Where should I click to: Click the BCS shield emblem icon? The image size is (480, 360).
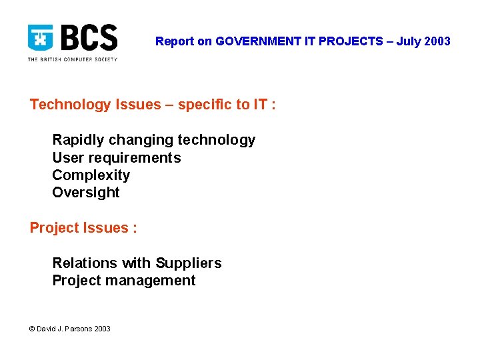pos(41,38)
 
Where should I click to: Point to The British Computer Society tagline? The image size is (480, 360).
pos(72,59)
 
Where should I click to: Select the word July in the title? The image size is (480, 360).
pos(409,41)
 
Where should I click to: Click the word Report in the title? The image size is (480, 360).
pos(174,41)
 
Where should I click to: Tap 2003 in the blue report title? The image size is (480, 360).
pos(437,41)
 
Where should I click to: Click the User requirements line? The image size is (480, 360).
pos(116,158)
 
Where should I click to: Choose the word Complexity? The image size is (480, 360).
pos(91,175)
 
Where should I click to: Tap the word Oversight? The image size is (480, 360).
pos(86,193)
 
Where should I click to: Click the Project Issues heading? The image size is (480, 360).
pos(83,228)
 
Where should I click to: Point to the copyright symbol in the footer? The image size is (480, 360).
pos(33,329)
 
